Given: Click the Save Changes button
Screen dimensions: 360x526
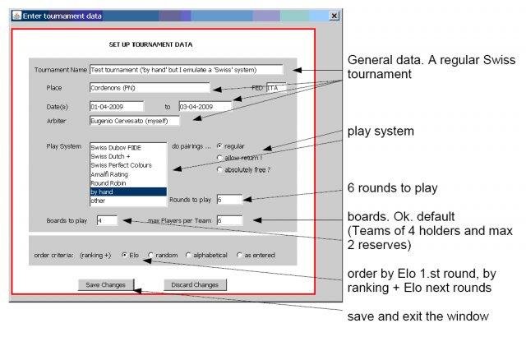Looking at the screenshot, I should (x=104, y=284).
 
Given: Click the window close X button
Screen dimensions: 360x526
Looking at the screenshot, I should (x=334, y=16).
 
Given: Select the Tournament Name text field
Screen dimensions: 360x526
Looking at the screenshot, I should (x=186, y=70).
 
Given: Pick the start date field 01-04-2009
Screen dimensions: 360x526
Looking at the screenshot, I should (x=116, y=106).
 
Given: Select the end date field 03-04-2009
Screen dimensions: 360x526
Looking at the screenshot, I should (x=205, y=106).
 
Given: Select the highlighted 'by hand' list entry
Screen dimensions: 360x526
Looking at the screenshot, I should (x=127, y=192).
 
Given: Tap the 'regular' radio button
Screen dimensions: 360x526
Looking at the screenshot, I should (x=219, y=145).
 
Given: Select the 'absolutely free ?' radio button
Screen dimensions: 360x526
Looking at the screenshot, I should (x=219, y=169).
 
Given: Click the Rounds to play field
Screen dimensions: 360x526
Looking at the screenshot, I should (x=229, y=199).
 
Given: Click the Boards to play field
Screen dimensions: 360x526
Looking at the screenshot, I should (x=107, y=220).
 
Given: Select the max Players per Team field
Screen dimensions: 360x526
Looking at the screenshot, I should (x=229, y=220).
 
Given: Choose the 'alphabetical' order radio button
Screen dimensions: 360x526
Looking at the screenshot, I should (x=188, y=255).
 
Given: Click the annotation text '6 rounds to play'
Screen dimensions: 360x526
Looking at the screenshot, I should (x=392, y=188).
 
